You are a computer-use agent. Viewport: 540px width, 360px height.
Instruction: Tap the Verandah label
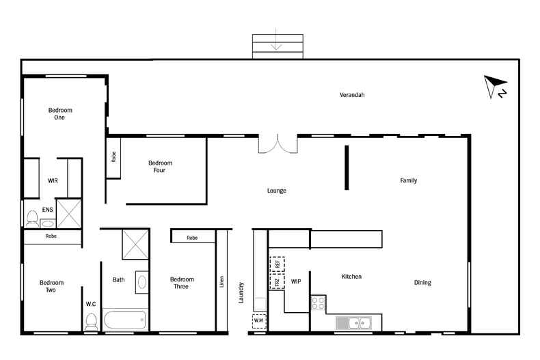click(x=352, y=95)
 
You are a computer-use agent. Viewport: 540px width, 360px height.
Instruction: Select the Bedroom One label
click(x=60, y=113)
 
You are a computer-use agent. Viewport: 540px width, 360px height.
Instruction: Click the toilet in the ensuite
click(x=32, y=218)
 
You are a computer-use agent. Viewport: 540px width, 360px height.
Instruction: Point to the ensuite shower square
click(x=69, y=212)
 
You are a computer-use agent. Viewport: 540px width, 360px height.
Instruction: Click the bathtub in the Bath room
click(x=124, y=321)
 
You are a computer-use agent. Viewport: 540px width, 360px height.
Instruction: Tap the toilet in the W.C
click(x=91, y=321)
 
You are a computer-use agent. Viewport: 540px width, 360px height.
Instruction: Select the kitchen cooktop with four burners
click(x=318, y=303)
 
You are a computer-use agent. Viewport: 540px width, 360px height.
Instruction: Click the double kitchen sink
click(x=353, y=322)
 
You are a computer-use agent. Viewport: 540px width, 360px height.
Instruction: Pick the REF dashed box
click(x=277, y=263)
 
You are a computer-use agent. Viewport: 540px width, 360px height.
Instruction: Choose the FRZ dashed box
click(x=277, y=281)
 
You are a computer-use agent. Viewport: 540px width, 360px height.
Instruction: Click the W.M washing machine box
click(x=259, y=321)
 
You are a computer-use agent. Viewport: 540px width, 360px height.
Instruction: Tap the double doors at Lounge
click(x=278, y=144)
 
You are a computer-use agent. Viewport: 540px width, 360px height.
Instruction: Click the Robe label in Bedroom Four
click(x=113, y=157)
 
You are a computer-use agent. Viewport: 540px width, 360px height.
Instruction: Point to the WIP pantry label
click(x=296, y=281)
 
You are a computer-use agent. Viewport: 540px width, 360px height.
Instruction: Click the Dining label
click(x=422, y=282)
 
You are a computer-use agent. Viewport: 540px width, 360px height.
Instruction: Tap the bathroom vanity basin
click(x=141, y=281)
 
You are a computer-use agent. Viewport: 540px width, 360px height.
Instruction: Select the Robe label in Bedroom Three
click(x=192, y=238)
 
